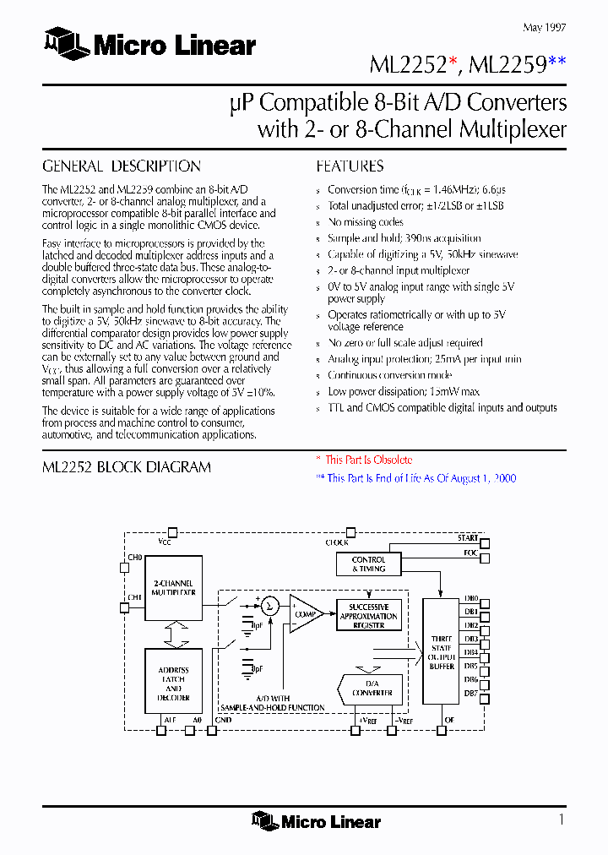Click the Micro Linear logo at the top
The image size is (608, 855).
pyautogui.click(x=149, y=44)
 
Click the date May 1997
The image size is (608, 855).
pyautogui.click(x=544, y=28)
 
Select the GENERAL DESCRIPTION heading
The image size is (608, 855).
pyautogui.click(x=122, y=166)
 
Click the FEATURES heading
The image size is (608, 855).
pyautogui.click(x=350, y=166)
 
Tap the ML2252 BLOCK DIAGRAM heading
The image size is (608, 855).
pyautogui.click(x=127, y=467)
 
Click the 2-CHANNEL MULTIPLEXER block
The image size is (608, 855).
pyautogui.click(x=173, y=588)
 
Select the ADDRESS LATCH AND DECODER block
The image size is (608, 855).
pyautogui.click(x=173, y=683)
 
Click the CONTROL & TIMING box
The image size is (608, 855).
pyautogui.click(x=368, y=564)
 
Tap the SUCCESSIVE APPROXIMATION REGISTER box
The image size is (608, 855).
pyautogui.click(x=368, y=616)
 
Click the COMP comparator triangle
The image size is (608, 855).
pyautogui.click(x=305, y=613)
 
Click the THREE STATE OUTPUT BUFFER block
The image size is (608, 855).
pyautogui.click(x=442, y=652)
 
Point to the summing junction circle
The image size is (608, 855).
pyautogui.click(x=269, y=605)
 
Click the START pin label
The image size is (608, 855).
pyautogui.click(x=468, y=538)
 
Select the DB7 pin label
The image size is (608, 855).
pyautogui.click(x=471, y=694)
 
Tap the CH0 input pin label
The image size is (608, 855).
pyautogui.click(x=135, y=558)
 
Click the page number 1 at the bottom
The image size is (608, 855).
pyautogui.click(x=562, y=819)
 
